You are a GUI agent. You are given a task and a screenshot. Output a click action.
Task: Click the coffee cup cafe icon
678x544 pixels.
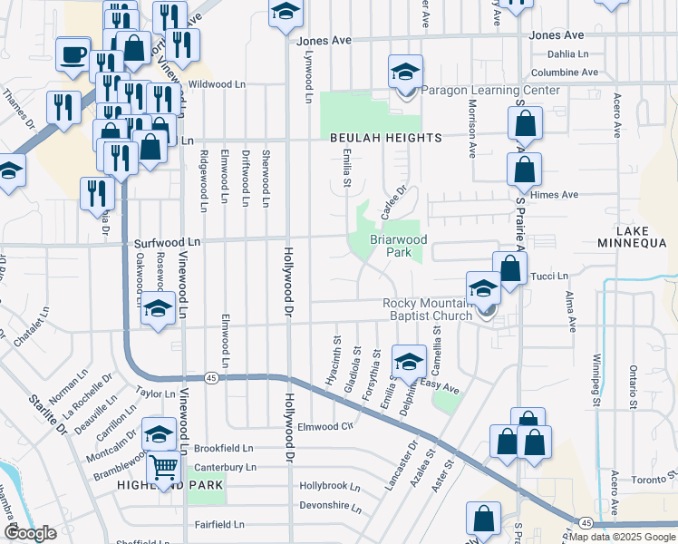pos(73,54)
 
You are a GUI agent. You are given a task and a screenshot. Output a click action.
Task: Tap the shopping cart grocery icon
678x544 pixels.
pos(163,468)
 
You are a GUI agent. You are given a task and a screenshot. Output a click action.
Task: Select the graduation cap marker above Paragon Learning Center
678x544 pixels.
pos(405,73)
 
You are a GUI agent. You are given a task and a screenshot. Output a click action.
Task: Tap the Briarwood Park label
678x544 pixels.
pos(397,247)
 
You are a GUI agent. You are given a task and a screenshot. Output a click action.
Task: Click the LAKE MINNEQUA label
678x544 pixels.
pos(633,243)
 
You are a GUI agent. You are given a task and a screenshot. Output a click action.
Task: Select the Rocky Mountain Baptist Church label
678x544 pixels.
pos(427,309)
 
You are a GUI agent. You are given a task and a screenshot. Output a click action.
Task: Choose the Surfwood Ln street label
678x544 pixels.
pos(167,243)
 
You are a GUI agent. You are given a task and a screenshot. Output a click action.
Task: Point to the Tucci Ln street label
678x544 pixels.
pos(548,276)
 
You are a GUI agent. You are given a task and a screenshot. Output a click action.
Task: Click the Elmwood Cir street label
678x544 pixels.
pos(324,426)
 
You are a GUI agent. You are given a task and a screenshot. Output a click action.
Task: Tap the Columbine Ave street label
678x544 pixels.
pos(565,73)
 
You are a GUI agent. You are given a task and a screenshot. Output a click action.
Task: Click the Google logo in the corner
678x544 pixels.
pos(30,534)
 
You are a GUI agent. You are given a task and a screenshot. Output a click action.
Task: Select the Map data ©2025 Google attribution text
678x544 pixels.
pos(622,537)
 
